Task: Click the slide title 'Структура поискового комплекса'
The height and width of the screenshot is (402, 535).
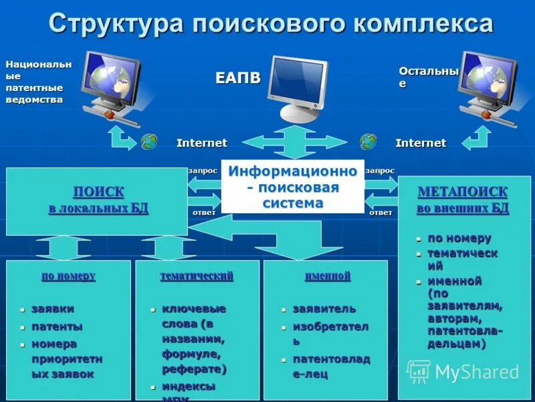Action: (271, 24)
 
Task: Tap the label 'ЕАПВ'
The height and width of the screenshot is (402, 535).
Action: (238, 78)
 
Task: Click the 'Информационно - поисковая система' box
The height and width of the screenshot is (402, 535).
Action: (293, 186)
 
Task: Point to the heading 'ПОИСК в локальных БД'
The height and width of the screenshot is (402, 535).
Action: (98, 200)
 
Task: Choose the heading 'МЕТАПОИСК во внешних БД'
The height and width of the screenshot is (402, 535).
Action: (463, 200)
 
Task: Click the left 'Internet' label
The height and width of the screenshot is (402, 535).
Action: (201, 143)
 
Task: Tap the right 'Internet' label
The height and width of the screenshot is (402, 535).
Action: (421, 143)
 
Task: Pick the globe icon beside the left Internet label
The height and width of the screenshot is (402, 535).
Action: (149, 141)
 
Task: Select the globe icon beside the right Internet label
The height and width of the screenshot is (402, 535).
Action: (368, 141)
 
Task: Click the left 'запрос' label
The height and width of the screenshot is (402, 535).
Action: (203, 171)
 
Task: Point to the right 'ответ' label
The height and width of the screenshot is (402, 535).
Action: (381, 212)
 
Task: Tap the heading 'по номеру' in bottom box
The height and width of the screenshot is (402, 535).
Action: (68, 276)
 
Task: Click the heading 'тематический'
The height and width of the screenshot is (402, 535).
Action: (197, 276)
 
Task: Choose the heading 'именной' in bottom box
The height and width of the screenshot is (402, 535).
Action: (328, 276)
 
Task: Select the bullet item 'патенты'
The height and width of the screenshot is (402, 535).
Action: (57, 327)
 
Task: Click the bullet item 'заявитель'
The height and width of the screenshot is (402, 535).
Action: (324, 309)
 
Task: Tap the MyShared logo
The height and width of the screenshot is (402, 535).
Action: (464, 372)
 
